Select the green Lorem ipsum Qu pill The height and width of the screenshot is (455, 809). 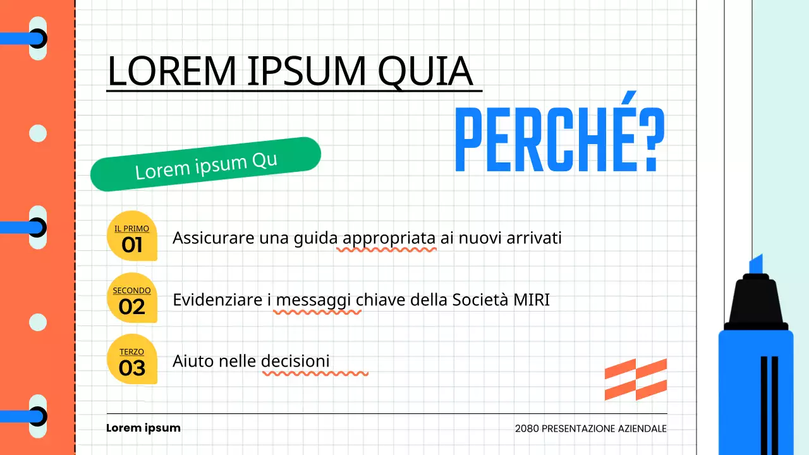pyautogui.click(x=206, y=164)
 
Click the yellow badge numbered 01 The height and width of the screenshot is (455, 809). pyautogui.click(x=132, y=236)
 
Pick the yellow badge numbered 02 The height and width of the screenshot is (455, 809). pyautogui.click(x=132, y=298)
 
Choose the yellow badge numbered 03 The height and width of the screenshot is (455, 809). pyautogui.click(x=132, y=360)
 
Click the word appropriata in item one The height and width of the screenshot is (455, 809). pyautogui.click(x=389, y=239)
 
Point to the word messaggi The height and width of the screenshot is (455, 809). pyautogui.click(x=313, y=300)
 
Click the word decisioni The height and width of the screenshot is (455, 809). pyautogui.click(x=295, y=361)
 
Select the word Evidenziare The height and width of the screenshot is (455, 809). pyautogui.click(x=217, y=300)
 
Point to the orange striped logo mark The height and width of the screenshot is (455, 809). pyautogui.click(x=635, y=379)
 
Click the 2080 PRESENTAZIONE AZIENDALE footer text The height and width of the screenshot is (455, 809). pyautogui.click(x=590, y=428)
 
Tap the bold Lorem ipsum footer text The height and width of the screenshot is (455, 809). pyautogui.click(x=143, y=428)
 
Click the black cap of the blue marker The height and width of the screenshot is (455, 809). pyautogui.click(x=756, y=302)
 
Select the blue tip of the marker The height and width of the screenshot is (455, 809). pyautogui.click(x=756, y=264)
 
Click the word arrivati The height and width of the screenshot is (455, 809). pyautogui.click(x=535, y=239)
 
